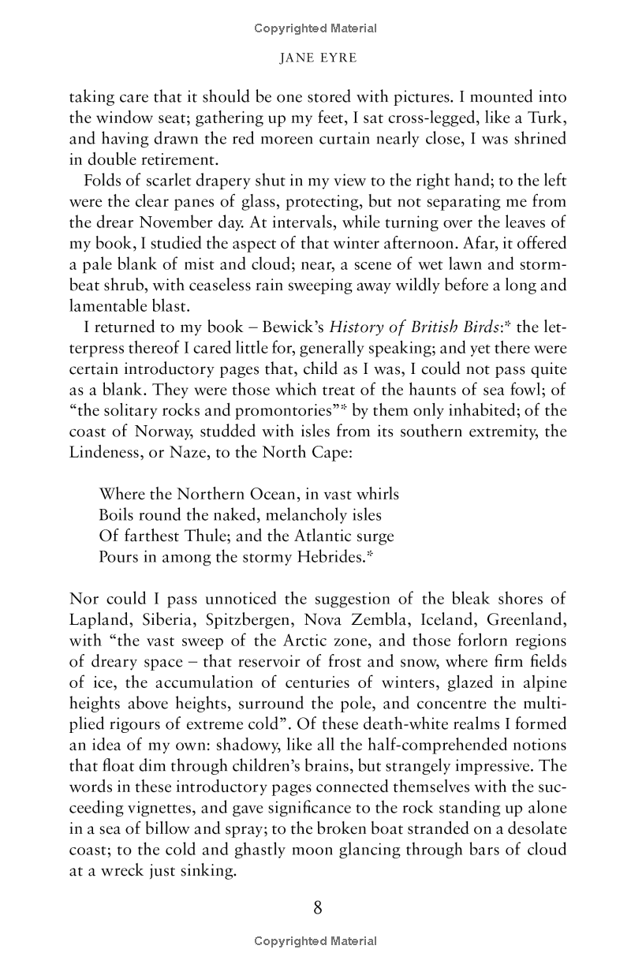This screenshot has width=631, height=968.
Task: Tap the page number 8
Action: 317,907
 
